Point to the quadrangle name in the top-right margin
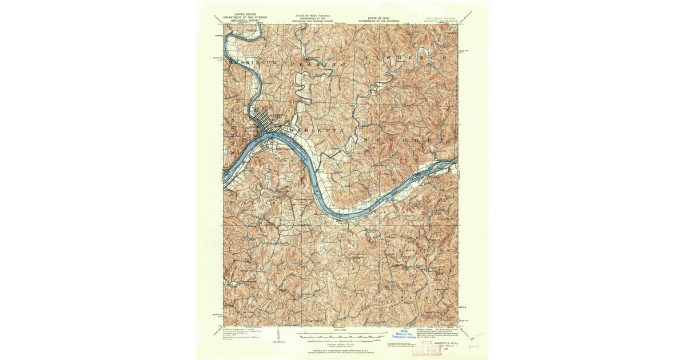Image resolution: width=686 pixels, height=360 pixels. [x=441, y=19]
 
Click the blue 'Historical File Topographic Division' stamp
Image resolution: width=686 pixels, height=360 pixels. [x=405, y=335]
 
